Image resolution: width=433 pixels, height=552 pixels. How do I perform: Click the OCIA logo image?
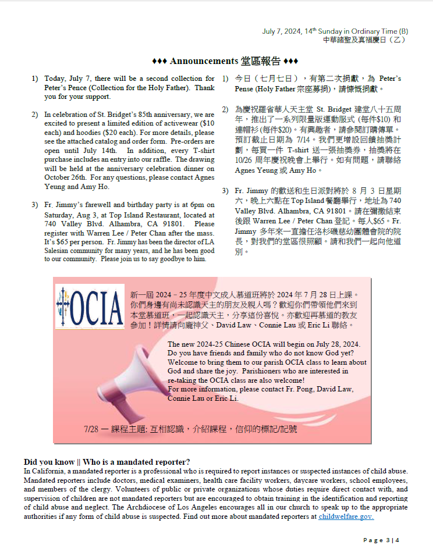tap(89, 305)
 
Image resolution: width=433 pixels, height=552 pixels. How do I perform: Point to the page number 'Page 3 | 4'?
tap(381, 540)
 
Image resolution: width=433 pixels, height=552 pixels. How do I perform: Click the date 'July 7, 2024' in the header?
tap(281, 31)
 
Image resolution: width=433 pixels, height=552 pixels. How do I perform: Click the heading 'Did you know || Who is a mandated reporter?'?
tap(107, 462)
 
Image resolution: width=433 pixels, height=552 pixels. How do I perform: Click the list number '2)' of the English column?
tap(35, 115)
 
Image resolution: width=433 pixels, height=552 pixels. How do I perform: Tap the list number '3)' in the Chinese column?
tap(225, 191)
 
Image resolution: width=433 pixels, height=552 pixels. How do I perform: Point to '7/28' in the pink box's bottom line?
tap(91, 429)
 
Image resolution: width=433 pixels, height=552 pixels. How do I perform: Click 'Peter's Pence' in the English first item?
tap(66, 88)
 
